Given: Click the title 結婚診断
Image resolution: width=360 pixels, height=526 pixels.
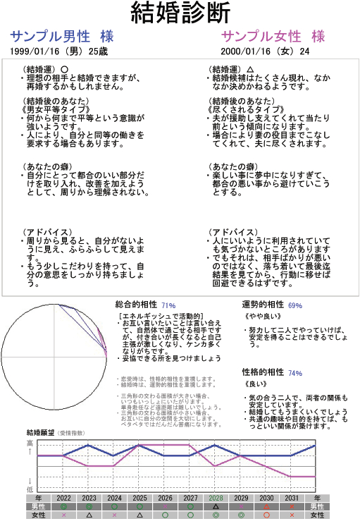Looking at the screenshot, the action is pos(180,13).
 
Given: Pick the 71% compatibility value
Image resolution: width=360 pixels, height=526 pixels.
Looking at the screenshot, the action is pos(168,305).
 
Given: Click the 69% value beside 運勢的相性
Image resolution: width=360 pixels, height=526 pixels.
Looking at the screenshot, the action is pos(294,305).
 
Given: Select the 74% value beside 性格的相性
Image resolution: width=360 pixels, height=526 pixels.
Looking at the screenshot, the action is pos(294,373).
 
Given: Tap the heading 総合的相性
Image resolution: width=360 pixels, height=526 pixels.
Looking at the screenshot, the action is pos(137,305).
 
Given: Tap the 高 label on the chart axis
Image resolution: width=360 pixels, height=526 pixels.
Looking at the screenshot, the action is pos(30,443).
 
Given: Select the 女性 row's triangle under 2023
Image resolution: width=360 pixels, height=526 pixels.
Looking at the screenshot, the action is pos(89,515).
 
